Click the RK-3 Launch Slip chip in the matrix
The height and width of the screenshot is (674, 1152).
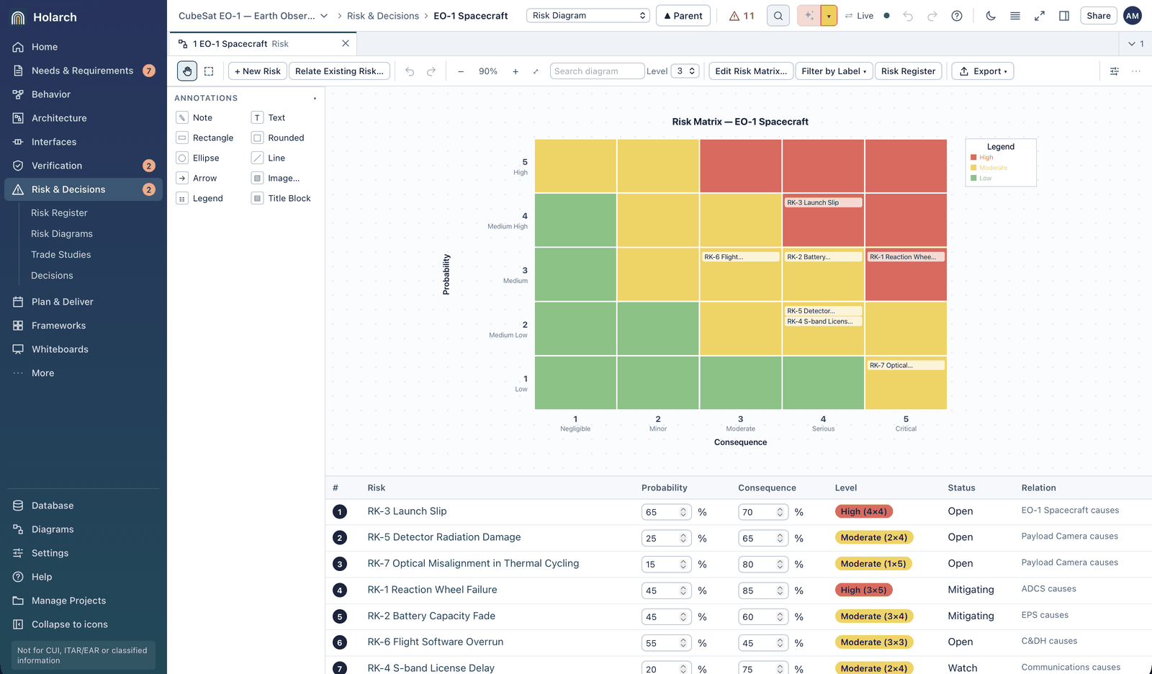coord(823,203)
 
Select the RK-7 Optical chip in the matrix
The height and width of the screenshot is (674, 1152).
coord(906,365)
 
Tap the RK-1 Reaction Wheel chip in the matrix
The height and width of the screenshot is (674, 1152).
coord(906,257)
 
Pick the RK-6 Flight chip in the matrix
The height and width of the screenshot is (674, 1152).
coord(740,257)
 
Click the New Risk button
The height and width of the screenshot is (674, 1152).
coord(257,71)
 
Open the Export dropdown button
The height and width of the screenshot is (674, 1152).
coord(982,71)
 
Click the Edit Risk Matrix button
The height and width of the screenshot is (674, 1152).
coord(751,71)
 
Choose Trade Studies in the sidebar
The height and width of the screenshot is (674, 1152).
coord(60,255)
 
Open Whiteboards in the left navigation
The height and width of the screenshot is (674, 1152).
coord(60,349)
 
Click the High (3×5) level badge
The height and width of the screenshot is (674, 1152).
coord(863,590)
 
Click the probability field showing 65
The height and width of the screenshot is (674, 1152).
coord(666,512)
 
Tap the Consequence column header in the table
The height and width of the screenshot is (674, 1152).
coord(767,487)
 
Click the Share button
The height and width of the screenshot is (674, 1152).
coord(1098,16)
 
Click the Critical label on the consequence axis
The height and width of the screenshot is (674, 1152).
coord(906,428)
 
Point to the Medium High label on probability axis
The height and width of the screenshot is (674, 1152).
coord(507,226)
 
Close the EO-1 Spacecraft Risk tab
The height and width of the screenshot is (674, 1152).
coord(346,44)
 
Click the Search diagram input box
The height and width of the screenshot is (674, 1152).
coord(597,71)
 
